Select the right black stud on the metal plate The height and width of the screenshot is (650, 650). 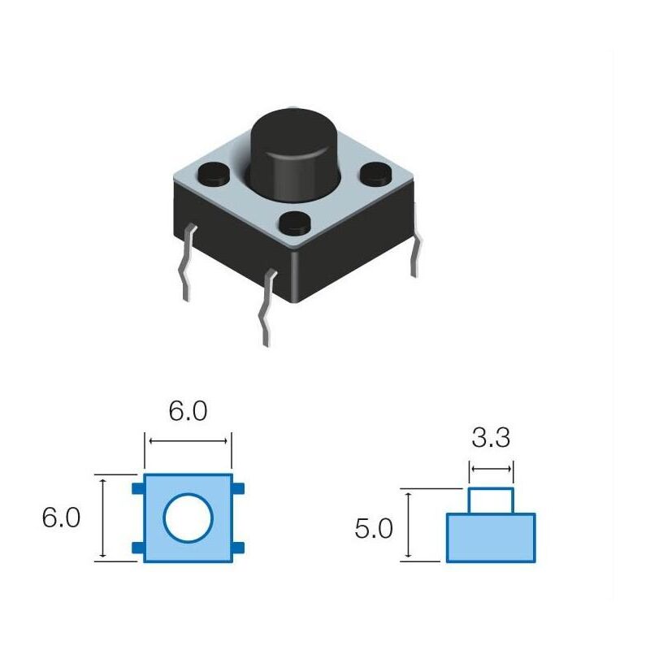(375, 172)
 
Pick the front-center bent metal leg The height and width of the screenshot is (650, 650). (266, 309)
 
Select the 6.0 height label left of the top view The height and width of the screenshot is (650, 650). (61, 518)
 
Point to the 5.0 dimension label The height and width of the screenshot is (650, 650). (374, 530)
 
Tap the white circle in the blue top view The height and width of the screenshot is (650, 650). (188, 518)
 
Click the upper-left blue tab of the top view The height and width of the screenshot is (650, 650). (138, 487)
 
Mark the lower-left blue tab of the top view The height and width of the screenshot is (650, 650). (138, 548)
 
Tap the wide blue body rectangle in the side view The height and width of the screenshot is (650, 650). (491, 537)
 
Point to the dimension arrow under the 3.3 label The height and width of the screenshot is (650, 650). (491, 469)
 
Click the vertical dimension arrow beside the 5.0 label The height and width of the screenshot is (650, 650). (408, 525)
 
